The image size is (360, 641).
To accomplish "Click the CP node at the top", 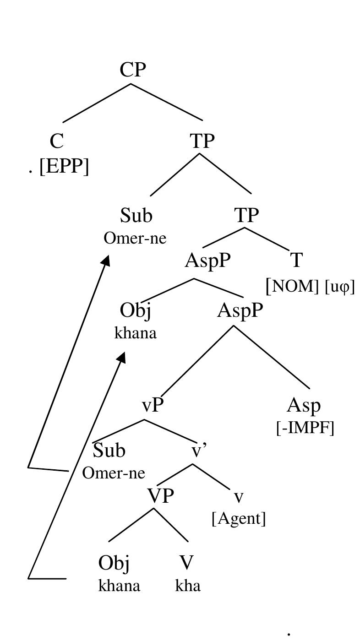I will tap(133, 70).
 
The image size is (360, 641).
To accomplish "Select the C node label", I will tap(56, 141).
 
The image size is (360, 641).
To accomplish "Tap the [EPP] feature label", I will tap(64, 167).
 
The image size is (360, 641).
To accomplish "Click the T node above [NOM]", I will tap(297, 261).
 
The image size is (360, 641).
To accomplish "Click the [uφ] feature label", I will tap(339, 287).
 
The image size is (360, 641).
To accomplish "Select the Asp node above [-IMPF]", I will tap(304, 406).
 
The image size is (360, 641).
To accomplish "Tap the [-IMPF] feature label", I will tap(305, 429).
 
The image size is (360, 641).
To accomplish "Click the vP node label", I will tap(153, 405).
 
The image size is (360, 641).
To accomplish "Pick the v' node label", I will tap(199, 451).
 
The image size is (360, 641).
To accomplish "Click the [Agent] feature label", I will tap(239, 518).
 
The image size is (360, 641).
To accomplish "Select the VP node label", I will tap(160, 496).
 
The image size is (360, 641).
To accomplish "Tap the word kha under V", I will tap(188, 586).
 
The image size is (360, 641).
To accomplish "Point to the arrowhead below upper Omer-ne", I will tap(106, 260).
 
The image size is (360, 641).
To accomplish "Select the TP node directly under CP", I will tap(202, 141).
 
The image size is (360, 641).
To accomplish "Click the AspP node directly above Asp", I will tap(240, 311).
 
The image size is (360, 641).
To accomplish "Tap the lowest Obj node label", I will tap(114, 563).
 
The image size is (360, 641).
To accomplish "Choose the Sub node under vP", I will tap(109, 451).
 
